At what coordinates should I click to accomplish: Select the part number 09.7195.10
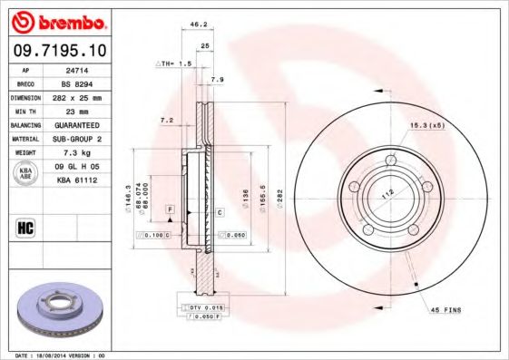click(58, 51)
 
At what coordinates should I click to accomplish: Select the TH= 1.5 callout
click(174, 64)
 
